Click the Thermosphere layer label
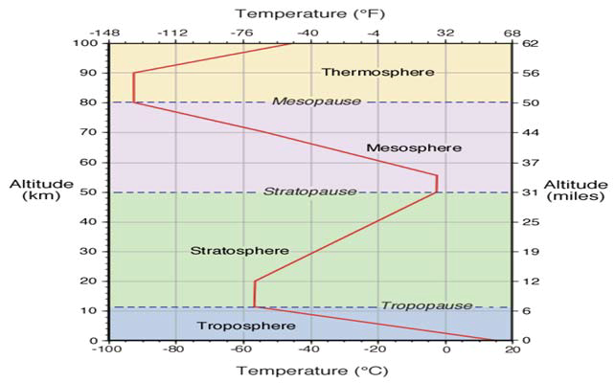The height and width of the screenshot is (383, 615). point(377,73)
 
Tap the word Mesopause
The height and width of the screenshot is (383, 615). point(303,101)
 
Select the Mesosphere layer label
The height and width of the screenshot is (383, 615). point(414,147)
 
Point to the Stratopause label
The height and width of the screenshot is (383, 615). point(298,191)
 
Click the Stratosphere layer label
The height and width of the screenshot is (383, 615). point(239,251)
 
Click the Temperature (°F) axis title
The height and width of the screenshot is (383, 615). point(307,13)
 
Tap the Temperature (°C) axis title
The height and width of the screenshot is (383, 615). point(307,371)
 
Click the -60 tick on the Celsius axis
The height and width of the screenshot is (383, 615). point(242,350)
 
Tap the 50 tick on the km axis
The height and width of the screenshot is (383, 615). point(87,192)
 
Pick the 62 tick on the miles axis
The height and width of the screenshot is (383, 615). point(530,43)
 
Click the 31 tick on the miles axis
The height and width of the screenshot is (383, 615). point(530,192)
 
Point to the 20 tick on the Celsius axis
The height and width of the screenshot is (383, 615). point(512,350)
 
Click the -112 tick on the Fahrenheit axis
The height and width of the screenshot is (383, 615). point(174,33)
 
